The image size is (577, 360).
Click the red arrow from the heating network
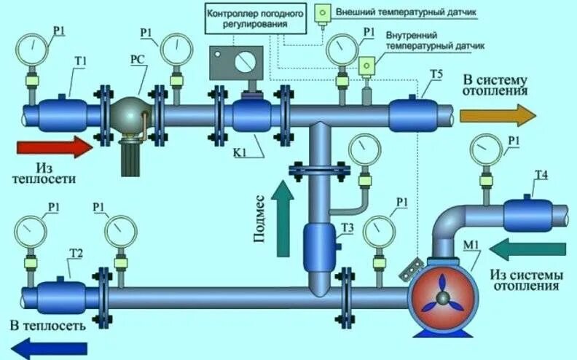54,149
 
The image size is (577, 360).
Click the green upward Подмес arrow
282,219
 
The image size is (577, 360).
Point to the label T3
348,228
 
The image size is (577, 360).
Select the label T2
74,253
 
